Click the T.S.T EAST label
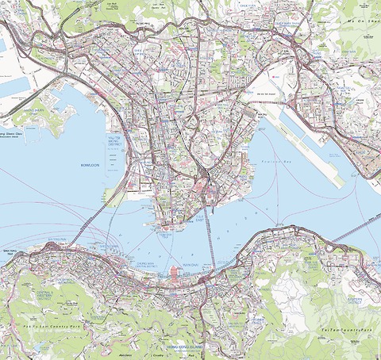(x=200, y=216)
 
